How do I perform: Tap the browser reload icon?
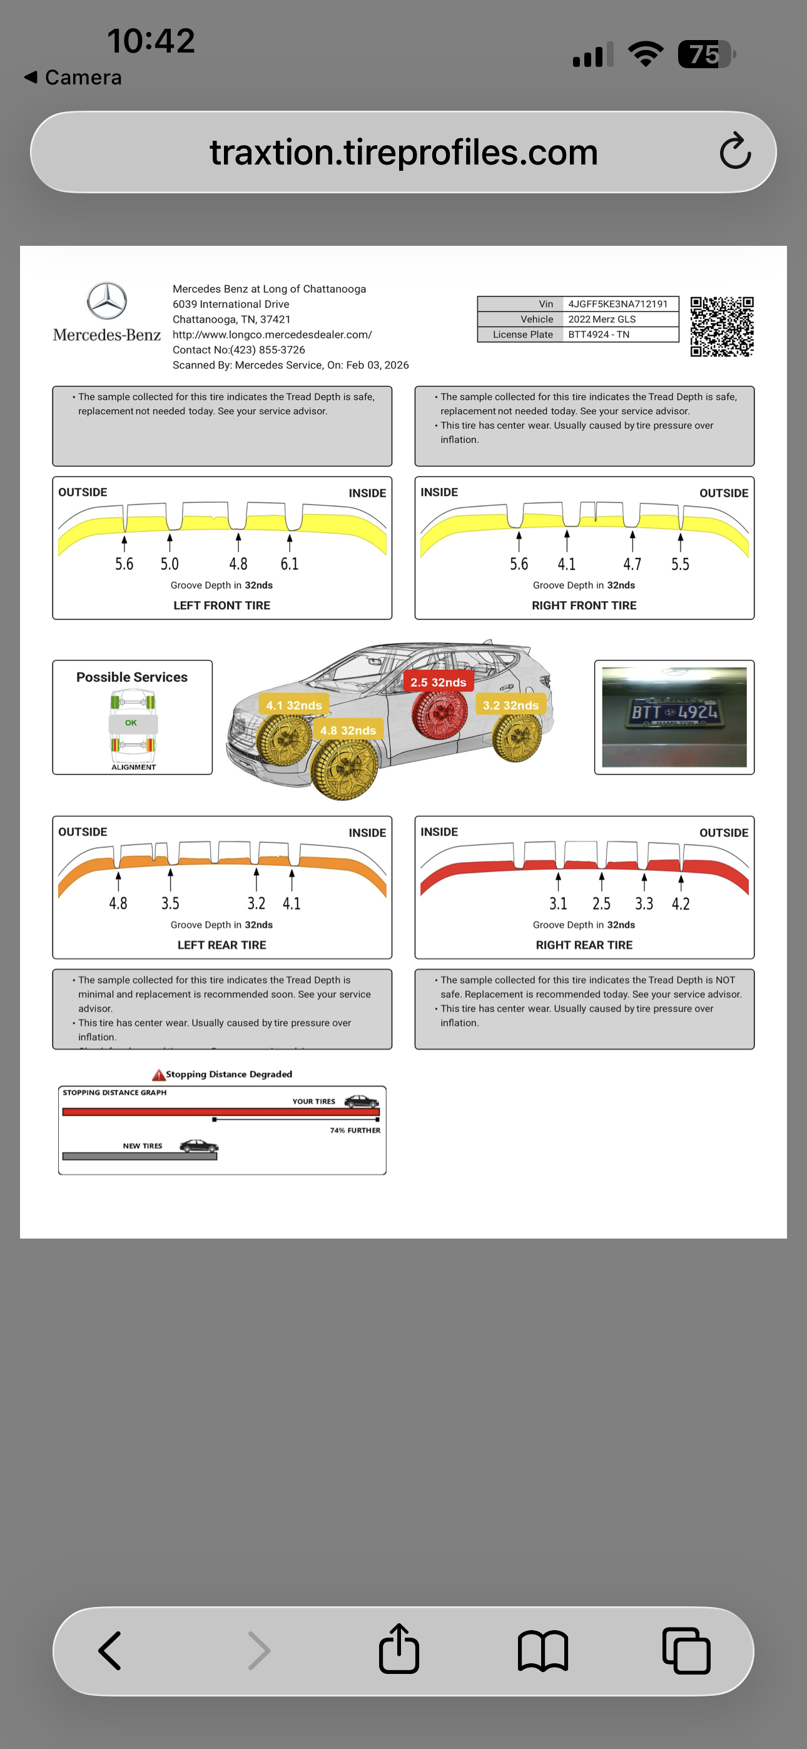(735, 151)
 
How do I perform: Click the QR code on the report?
(721, 326)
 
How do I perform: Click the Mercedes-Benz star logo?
(106, 301)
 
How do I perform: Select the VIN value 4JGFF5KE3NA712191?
(617, 304)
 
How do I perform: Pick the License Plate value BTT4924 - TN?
(599, 335)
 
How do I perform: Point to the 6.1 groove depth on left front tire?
(290, 564)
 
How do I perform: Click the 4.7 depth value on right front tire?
(632, 564)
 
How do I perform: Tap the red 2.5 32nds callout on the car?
(438, 682)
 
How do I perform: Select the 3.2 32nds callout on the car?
(510, 706)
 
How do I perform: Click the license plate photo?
(674, 717)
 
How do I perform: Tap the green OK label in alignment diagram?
(131, 723)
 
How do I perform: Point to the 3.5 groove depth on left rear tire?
(170, 904)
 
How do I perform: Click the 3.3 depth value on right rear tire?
(643, 904)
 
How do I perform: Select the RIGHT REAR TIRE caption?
(584, 945)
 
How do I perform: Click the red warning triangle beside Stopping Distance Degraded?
(158, 1075)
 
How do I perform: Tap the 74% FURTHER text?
(355, 1130)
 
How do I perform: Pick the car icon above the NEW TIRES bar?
(198, 1146)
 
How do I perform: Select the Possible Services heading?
(132, 677)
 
